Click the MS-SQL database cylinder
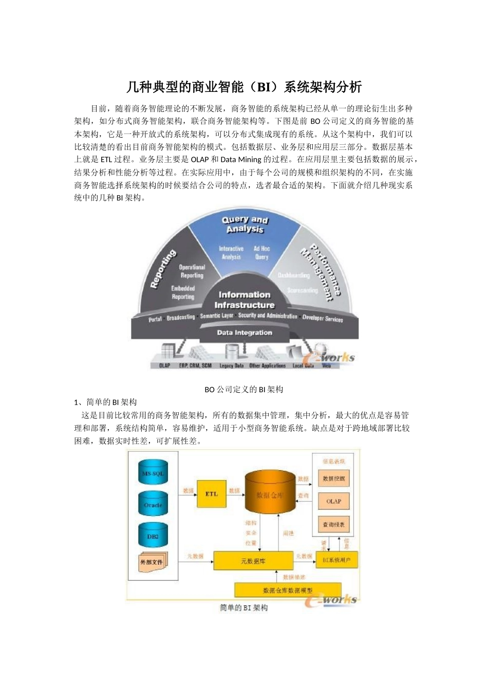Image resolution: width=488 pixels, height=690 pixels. (153, 473)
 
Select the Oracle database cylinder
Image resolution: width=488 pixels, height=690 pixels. (153, 505)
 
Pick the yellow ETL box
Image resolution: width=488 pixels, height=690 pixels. (212, 494)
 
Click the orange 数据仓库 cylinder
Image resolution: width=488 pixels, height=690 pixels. (270, 494)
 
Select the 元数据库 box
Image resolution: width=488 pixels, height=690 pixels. (253, 561)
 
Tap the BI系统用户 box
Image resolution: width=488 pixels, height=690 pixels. (336, 560)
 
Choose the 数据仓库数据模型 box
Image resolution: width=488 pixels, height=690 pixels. (288, 590)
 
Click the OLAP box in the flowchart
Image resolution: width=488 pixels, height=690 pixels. (334, 501)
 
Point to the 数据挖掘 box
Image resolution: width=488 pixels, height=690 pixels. (334, 478)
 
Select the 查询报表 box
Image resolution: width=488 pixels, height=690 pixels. (334, 524)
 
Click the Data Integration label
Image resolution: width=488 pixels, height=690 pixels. (244, 333)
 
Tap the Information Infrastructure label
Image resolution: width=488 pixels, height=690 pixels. (244, 300)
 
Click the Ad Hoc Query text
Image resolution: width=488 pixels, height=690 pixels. (261, 253)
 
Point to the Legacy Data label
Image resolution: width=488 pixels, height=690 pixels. (232, 366)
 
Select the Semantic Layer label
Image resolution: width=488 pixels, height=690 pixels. (217, 316)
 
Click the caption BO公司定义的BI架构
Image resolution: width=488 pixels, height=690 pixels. (244, 390)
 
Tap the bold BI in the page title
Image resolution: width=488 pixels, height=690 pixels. (264, 87)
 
